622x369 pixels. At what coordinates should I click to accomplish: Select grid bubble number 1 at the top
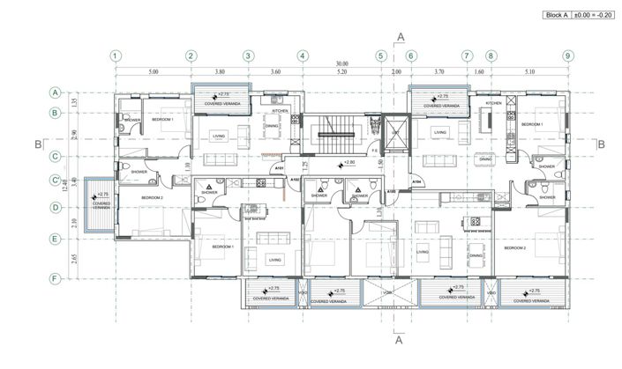click(x=116, y=55)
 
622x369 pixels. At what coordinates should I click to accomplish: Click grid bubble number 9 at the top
click(x=567, y=55)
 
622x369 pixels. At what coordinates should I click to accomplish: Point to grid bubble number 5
click(x=381, y=55)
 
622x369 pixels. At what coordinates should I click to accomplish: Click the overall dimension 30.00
click(x=341, y=64)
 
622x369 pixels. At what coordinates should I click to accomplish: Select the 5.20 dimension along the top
click(x=341, y=71)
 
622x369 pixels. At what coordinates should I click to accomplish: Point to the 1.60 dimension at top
click(x=479, y=71)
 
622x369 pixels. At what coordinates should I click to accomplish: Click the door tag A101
click(x=279, y=168)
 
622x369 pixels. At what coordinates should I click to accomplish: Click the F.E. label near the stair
click(x=375, y=151)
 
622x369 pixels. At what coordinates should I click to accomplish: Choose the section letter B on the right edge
click(x=599, y=144)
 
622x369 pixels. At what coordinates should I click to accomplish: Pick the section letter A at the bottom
click(x=400, y=337)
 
